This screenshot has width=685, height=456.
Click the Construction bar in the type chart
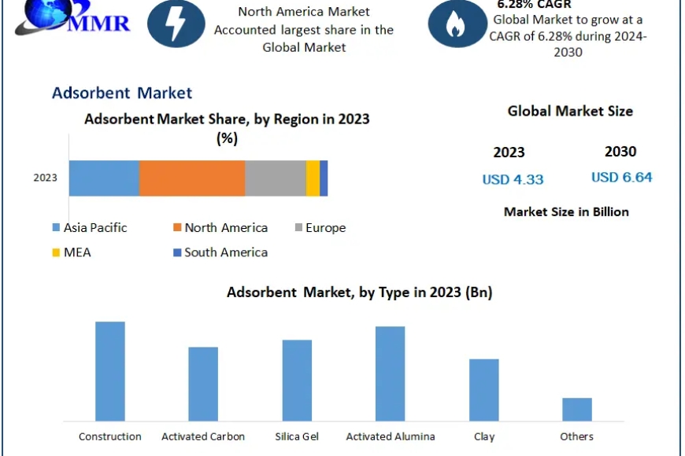click(x=110, y=371)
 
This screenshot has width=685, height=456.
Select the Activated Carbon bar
click(x=203, y=384)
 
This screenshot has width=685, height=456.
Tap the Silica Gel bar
click(x=297, y=381)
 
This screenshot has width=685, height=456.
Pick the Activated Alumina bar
click(x=390, y=373)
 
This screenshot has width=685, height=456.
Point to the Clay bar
click(x=484, y=390)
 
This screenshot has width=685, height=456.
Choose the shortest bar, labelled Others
click(x=577, y=410)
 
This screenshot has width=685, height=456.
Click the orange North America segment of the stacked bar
click(x=192, y=178)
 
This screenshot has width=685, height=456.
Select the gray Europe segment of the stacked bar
click(x=276, y=178)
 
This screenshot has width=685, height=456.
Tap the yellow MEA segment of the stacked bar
click(x=313, y=178)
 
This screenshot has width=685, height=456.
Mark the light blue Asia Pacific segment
click(x=105, y=178)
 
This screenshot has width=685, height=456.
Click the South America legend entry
click(x=220, y=252)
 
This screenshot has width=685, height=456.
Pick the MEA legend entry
click(x=72, y=252)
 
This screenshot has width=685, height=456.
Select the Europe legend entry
click(x=320, y=227)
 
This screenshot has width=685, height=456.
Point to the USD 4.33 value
click(x=513, y=179)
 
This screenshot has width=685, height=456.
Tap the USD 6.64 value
click(x=622, y=177)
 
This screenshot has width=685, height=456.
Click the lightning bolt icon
click(x=176, y=24)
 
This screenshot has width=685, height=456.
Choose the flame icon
click(x=457, y=24)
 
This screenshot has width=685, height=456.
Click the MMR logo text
click(x=99, y=23)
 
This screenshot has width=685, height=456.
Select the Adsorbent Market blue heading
click(x=122, y=93)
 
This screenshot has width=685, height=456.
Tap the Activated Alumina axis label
click(x=391, y=436)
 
